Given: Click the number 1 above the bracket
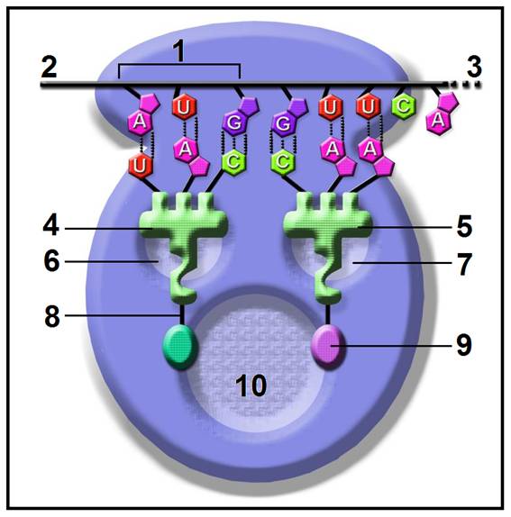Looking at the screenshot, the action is tap(179, 51).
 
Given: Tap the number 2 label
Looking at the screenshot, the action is tap(50, 68).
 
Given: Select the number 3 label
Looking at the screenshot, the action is tap(474, 67).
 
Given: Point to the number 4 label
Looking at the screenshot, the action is tap(51, 226).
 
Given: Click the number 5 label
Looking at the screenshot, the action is tap(464, 226).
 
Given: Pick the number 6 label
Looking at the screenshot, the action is tap(51, 261).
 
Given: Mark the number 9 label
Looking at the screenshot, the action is tap(464, 345).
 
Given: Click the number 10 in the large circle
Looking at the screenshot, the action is tap(251, 385).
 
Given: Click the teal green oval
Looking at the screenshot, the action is tap(180, 346).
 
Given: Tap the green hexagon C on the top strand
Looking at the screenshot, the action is tap(404, 106).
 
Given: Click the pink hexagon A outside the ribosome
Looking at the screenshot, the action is tap(438, 121).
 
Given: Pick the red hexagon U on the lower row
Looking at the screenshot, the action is tap(140, 165).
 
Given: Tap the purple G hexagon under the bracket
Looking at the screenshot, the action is tap(234, 122).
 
